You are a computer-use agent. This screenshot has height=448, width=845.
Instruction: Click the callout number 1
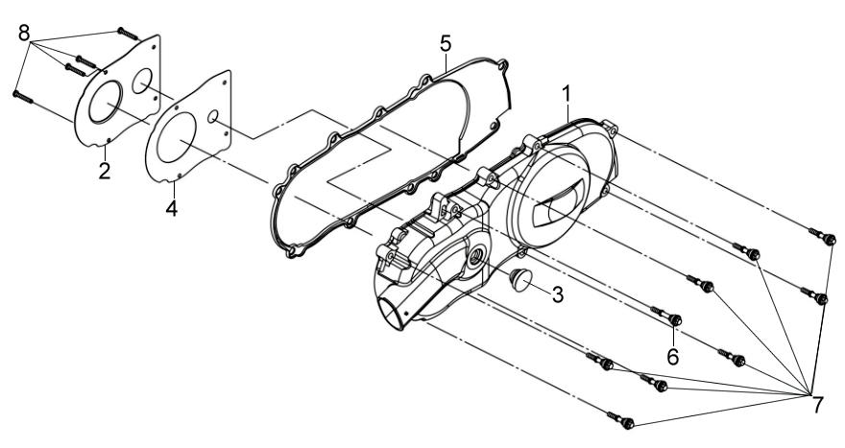pyautogui.click(x=567, y=94)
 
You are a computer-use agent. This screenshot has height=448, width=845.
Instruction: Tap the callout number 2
pyautogui.click(x=105, y=171)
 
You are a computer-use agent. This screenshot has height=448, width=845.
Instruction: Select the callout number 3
pyautogui.click(x=557, y=295)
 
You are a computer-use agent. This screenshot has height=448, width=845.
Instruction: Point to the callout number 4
pyautogui.click(x=171, y=208)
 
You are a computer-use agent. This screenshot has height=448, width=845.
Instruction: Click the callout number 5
pyautogui.click(x=446, y=43)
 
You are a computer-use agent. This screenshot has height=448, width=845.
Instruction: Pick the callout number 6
pyautogui.click(x=673, y=356)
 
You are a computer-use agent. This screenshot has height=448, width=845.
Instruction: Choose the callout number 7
pyautogui.click(x=817, y=405)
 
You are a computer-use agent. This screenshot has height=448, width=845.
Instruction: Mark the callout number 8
pyautogui.click(x=24, y=33)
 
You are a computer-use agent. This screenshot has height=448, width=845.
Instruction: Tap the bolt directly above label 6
pyautogui.click(x=666, y=316)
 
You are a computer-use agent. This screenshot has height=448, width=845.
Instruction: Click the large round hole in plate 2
pyautogui.click(x=106, y=102)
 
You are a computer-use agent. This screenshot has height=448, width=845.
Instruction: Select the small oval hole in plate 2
pyautogui.click(x=142, y=81)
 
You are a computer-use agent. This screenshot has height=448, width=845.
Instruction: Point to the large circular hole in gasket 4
pyautogui.click(x=177, y=138)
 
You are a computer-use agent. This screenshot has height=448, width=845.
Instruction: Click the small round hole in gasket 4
pyautogui.click(x=213, y=116)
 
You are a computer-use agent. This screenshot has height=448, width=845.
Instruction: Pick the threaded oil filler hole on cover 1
pyautogui.click(x=475, y=256)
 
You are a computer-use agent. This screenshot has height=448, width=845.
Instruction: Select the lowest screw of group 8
pyautogui.click(x=23, y=97)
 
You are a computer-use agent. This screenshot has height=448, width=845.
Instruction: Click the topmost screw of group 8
pyautogui.click(x=129, y=34)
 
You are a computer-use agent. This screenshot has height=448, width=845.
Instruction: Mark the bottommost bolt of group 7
pyautogui.click(x=621, y=420)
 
